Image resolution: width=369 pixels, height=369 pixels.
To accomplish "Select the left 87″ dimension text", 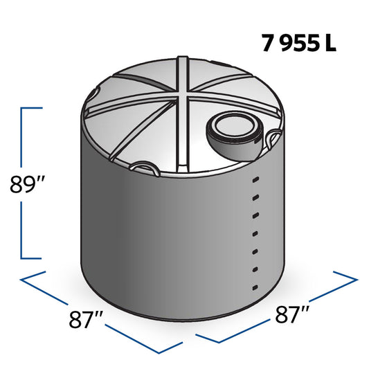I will click(x=87, y=320).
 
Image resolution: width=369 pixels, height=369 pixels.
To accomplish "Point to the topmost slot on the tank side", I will click(x=255, y=179).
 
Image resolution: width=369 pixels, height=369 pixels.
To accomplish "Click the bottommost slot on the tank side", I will click(x=255, y=287).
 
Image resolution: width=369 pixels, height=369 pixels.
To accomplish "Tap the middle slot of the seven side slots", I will click(x=255, y=233).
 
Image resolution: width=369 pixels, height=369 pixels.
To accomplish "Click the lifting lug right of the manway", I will click(x=271, y=141).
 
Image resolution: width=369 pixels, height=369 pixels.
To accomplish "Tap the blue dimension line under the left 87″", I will click(x=104, y=310).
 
